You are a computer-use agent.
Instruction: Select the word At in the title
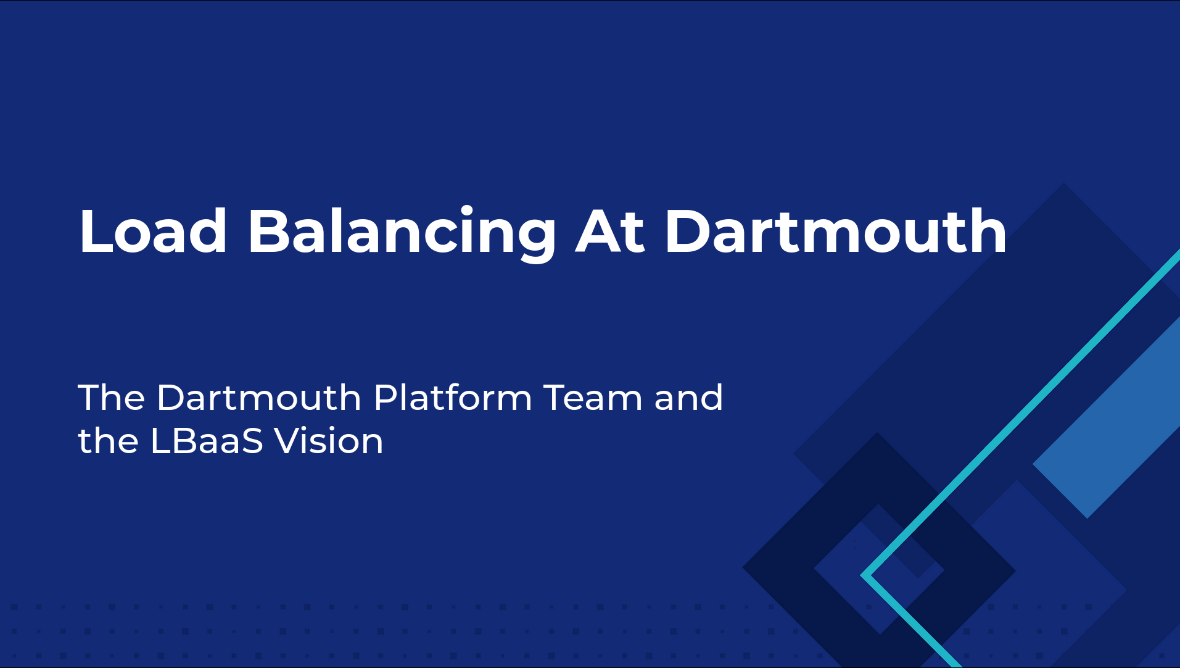(610, 232)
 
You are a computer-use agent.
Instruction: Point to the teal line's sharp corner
(862, 575)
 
